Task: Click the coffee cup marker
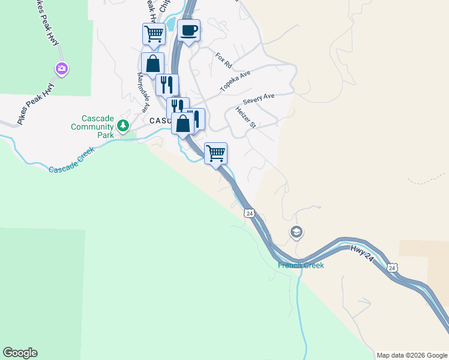coord(188,30)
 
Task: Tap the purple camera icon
coord(61,69)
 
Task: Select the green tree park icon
coord(123,125)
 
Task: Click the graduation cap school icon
coord(296,232)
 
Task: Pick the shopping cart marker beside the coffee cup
coord(154,34)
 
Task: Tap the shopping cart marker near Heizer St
coord(215,153)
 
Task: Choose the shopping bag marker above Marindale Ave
coord(153,63)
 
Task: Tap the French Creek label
coord(300,265)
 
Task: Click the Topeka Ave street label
coord(235,80)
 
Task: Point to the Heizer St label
coord(246,117)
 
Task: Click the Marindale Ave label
coord(143,93)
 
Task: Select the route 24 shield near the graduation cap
coord(250,213)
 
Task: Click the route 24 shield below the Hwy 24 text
coord(391,267)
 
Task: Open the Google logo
coord(20,353)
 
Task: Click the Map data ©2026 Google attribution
coord(412,355)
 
